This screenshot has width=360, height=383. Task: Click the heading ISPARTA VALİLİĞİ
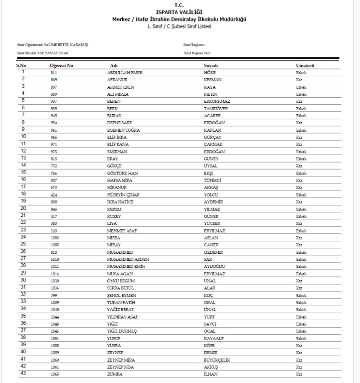(x=180, y=11)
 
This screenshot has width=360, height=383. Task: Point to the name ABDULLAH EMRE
(x=125, y=73)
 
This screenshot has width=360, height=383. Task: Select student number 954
(x=54, y=123)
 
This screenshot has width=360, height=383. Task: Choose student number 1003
(x=55, y=238)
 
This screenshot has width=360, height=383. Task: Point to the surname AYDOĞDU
(x=214, y=266)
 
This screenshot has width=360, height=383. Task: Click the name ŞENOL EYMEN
(x=122, y=295)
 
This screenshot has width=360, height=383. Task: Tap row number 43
(x=23, y=374)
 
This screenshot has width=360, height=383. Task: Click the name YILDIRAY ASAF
(x=123, y=317)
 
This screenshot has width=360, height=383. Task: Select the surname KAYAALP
(x=214, y=338)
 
